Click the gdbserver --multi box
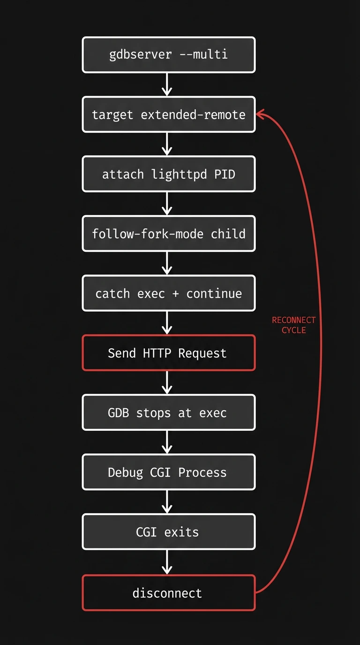coord(169,55)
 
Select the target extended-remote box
coord(169,114)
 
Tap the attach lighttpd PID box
coord(169,174)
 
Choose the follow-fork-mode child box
coord(169,233)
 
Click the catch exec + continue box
coord(169,293)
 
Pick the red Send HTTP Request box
coord(169,353)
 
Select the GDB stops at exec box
coord(169,412)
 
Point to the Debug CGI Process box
coord(169,472)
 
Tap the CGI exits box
coord(169,532)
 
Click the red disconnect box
coord(169,593)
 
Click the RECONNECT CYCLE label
coord(294,325)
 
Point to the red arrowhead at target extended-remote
coord(260,114)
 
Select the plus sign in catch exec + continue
coord(176,294)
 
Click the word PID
coord(225,174)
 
